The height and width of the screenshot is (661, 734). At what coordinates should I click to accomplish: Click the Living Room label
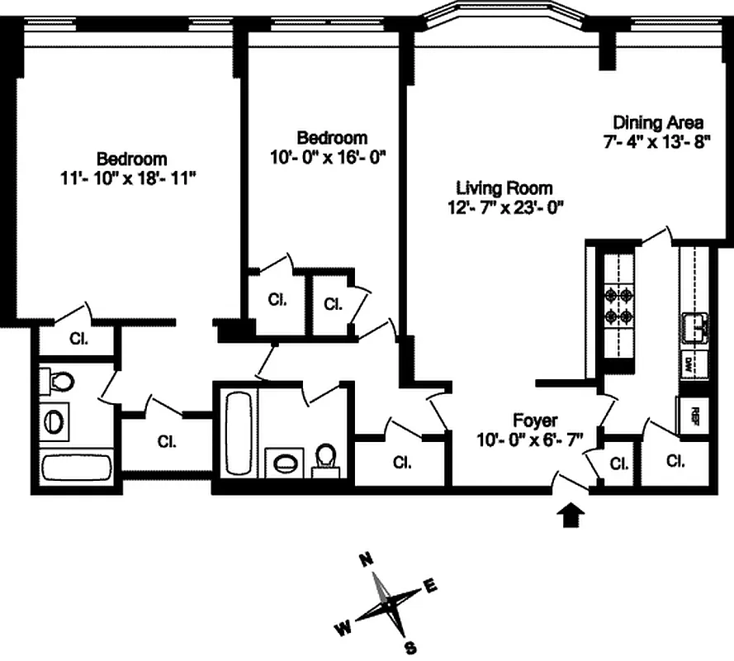(504, 188)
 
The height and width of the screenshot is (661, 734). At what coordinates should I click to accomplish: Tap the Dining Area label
(658, 123)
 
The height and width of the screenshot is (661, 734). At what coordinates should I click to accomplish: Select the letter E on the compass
(429, 586)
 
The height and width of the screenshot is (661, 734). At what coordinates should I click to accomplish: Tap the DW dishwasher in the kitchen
(688, 363)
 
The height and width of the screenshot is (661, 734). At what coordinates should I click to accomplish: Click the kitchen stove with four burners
(618, 305)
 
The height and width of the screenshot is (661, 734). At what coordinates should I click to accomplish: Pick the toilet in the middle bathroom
(326, 460)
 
